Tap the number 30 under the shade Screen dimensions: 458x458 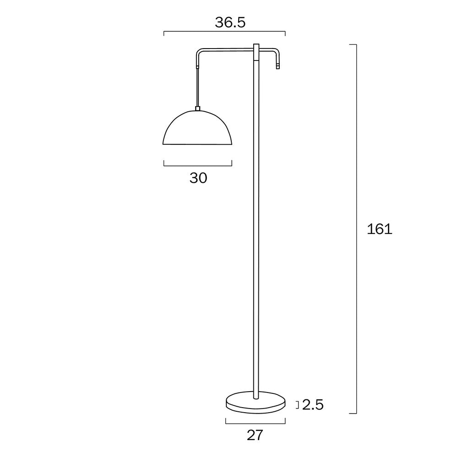pos(198,178)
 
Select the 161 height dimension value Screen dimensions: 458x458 pos(380,229)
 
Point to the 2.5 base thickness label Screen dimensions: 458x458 pos(313,405)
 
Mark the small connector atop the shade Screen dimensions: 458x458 pos(198,109)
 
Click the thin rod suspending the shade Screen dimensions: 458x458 pos(198,87)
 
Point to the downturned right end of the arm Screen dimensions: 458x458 pos(277,60)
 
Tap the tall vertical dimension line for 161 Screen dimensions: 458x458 pos(356,229)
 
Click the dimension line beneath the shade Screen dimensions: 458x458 pos(198,165)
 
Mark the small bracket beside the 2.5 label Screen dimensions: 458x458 pos(297,404)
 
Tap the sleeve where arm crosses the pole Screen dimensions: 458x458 pos(256,52)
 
